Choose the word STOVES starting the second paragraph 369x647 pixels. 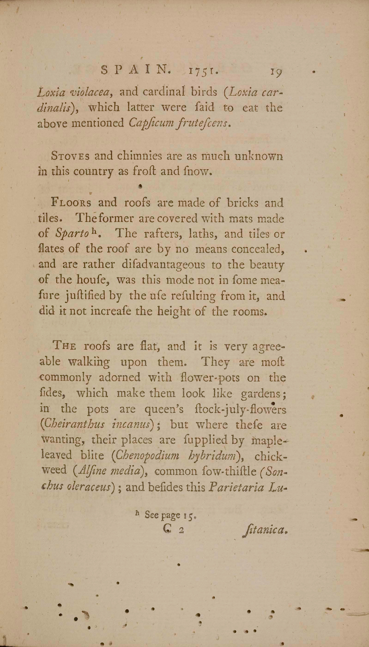(70, 156)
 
